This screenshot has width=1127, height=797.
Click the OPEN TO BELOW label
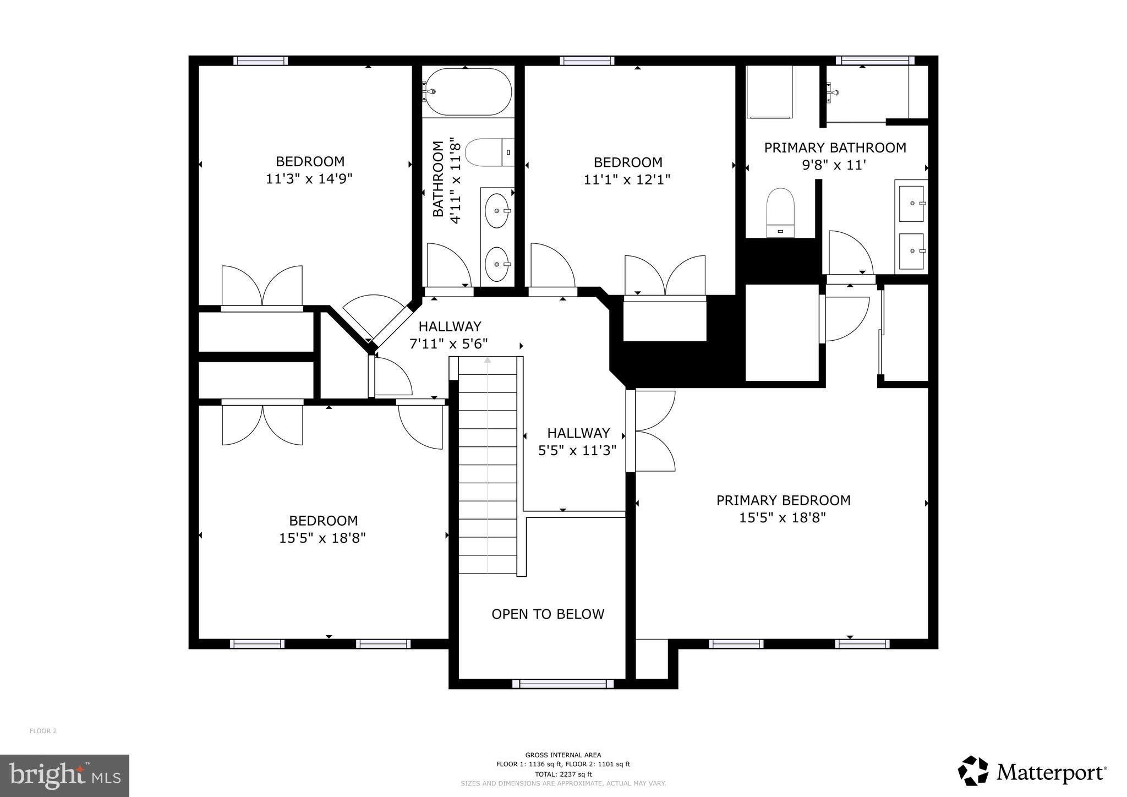tap(548, 614)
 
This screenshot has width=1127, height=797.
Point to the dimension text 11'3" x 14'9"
tap(309, 179)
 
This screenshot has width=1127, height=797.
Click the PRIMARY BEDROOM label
tap(783, 500)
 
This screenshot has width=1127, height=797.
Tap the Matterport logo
tap(1032, 772)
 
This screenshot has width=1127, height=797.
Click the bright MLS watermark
tap(64, 776)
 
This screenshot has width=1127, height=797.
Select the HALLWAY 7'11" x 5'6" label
tap(449, 335)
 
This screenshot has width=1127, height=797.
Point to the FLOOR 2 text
tap(43, 731)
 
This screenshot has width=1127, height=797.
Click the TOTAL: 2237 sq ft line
tap(563, 774)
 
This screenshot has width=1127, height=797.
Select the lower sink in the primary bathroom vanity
tap(911, 251)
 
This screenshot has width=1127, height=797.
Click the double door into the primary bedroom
tap(652, 430)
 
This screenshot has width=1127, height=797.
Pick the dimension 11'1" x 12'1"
tap(627, 180)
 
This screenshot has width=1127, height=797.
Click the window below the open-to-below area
tap(562, 684)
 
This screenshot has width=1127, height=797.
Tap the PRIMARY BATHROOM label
tap(835, 148)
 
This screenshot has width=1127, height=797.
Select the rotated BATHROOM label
tap(438, 179)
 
